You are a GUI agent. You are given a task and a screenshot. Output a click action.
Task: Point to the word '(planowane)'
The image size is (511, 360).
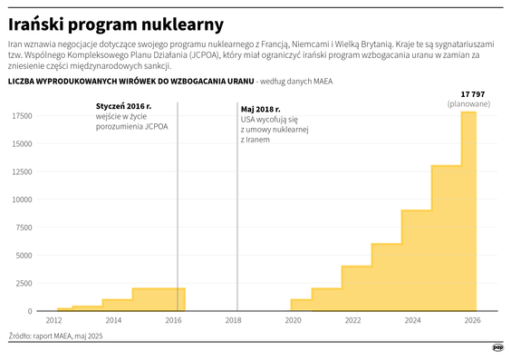coord(468,105)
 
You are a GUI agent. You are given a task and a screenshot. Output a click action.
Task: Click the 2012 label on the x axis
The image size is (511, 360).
coord(54,321)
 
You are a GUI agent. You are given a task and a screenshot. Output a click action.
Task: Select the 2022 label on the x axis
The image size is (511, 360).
coord(352,321)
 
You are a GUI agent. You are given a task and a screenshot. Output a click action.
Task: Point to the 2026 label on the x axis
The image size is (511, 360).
coord(472,321)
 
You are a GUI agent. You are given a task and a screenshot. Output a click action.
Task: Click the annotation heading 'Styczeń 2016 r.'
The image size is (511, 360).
coord(124,107)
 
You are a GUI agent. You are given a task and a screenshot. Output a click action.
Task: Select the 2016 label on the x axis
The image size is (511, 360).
coord(174,321)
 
